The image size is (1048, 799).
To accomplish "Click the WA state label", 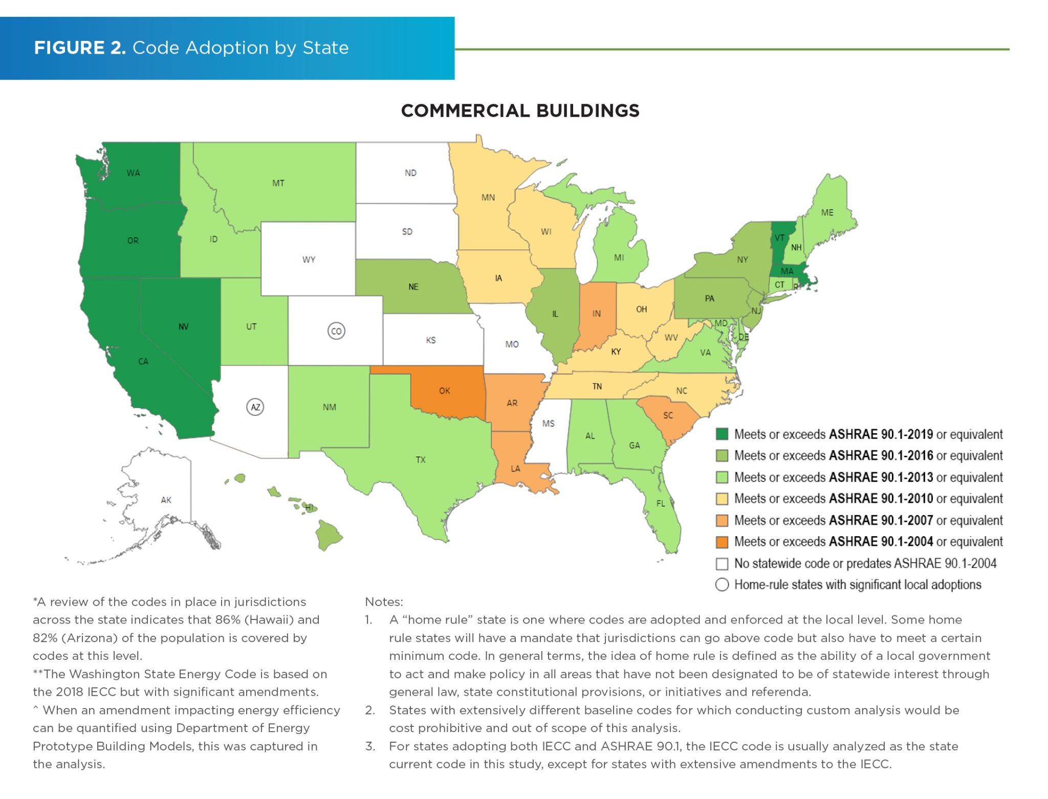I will click(x=133, y=173).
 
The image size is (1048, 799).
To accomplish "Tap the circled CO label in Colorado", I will click(x=336, y=331).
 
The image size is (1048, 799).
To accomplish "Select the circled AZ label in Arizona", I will click(x=255, y=407).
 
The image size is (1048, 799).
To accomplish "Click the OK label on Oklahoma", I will click(x=444, y=391).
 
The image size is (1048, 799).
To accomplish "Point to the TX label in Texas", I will click(x=421, y=460).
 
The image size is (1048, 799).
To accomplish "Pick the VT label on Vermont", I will click(x=779, y=238).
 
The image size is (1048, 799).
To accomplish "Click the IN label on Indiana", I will click(x=597, y=314).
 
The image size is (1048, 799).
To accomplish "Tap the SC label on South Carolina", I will click(x=668, y=415).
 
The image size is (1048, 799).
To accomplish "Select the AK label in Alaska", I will click(x=166, y=500).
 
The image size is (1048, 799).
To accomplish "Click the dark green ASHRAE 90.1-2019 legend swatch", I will click(x=722, y=434).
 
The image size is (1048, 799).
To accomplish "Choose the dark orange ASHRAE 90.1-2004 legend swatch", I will click(x=722, y=542).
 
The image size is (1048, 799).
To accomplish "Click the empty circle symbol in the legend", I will click(x=722, y=585).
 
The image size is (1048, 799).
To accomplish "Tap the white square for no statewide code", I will click(x=722, y=564).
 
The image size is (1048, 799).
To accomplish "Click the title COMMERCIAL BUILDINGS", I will click(x=520, y=110).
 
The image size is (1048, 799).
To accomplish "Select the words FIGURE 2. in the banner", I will click(x=80, y=48).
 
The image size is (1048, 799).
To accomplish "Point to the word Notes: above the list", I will click(x=384, y=602).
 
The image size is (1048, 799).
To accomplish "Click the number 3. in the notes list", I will click(x=369, y=746).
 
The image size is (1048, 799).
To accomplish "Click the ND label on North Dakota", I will click(x=410, y=173).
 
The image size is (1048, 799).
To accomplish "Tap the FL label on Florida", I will click(x=661, y=503).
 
